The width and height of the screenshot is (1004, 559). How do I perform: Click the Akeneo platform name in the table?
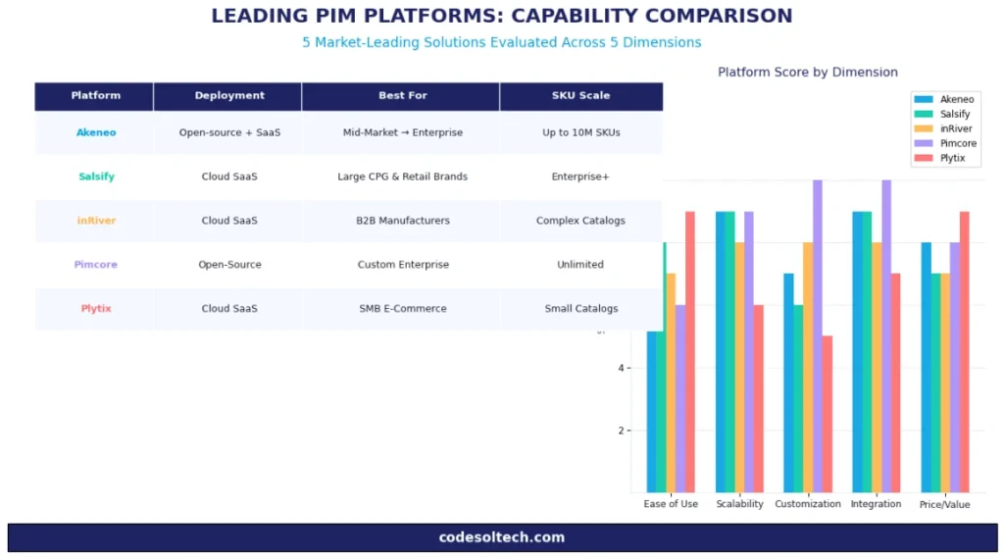[96, 132]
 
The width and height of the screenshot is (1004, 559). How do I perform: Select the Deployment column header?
[229, 96]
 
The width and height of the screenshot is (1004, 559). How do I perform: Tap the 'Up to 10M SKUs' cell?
[580, 132]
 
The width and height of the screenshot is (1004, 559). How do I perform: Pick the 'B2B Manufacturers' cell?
[402, 221]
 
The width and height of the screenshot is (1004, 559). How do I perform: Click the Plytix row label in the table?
[96, 309]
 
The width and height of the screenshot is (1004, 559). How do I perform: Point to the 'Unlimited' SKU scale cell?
[580, 265]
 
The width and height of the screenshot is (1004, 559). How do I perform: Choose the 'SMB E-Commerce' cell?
[402, 309]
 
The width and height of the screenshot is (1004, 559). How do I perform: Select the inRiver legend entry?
[955, 128]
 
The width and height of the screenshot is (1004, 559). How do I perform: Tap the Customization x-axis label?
[808, 504]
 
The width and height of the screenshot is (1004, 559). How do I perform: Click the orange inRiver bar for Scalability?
[739, 367]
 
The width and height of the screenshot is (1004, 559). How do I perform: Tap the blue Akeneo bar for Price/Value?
[926, 367]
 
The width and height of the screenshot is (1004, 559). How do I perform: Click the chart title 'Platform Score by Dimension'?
[807, 73]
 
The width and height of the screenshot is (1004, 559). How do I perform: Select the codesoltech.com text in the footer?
[502, 537]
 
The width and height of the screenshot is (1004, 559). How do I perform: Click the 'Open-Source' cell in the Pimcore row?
[229, 265]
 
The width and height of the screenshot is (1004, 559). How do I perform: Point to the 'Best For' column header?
[402, 96]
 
